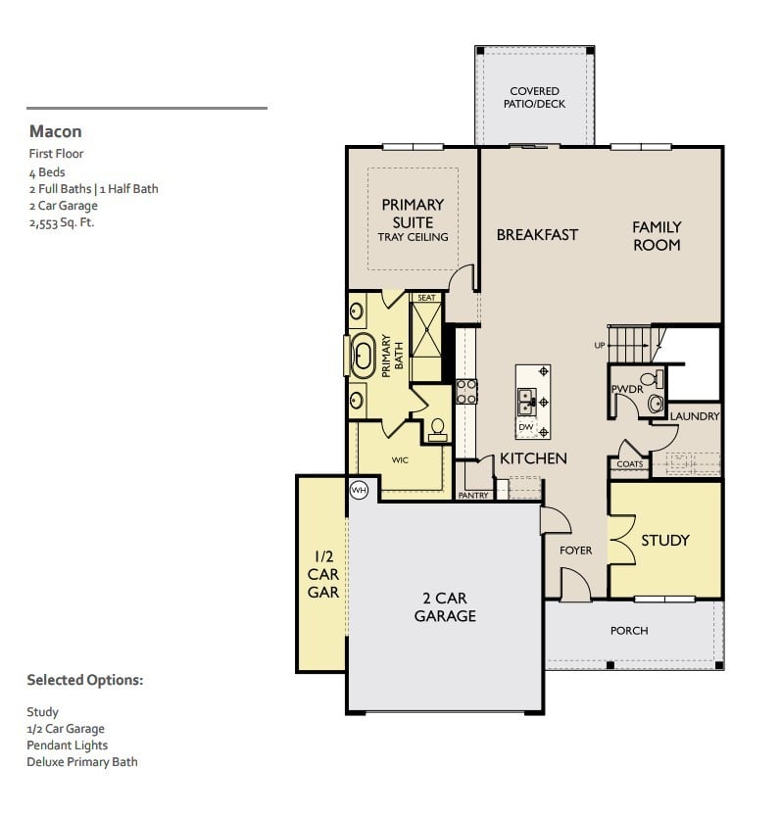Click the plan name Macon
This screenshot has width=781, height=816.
[x=55, y=131]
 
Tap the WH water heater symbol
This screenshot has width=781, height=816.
[x=359, y=490]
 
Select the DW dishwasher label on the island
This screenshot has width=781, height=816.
[x=526, y=427]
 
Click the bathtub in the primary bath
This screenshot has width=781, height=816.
[x=363, y=356]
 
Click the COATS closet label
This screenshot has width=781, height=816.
[x=630, y=464]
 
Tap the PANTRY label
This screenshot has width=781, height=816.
[x=474, y=496]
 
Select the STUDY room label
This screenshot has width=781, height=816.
[x=665, y=540]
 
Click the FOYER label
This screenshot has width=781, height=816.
[x=576, y=551]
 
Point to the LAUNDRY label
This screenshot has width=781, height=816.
[x=695, y=416]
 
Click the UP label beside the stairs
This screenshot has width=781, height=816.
[x=600, y=346]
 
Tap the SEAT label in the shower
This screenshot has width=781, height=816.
[x=426, y=298]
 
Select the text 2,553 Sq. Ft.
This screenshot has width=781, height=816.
[x=62, y=223]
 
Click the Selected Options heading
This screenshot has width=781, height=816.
[x=84, y=680]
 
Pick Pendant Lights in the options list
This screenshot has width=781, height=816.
[x=68, y=745]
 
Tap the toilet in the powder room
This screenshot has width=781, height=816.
[x=656, y=402]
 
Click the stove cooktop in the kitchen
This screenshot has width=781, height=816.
[x=466, y=392]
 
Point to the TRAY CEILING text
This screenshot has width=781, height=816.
[x=413, y=237]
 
